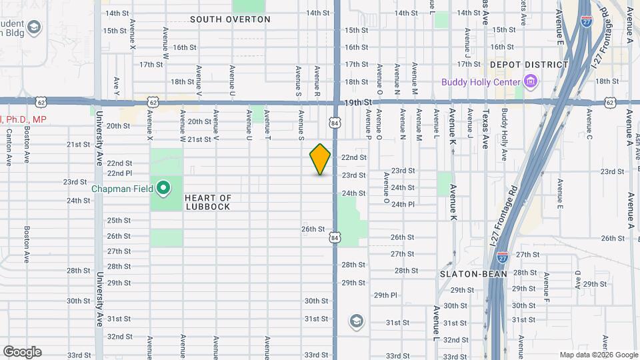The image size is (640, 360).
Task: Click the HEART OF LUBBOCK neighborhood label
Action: coord(207,202)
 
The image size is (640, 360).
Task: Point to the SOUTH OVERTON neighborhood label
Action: coord(230,19)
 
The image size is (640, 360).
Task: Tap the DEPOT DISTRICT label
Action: coord(529,65)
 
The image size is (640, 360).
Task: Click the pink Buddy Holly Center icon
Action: coord(531,83)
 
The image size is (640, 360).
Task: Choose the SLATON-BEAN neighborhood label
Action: coord(473,274)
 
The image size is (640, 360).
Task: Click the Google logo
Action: coord(22,352)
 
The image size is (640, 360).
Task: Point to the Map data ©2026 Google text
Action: coord(598,355)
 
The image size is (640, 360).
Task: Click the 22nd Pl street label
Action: coord(119,173)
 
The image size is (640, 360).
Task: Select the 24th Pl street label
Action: coord(403,205)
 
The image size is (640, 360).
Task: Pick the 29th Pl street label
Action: coord(385,295)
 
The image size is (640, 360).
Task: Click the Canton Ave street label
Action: coord(9,147)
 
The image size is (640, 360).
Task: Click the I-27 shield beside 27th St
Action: coord(503,256)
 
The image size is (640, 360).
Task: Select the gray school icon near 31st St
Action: coord(356,322)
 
